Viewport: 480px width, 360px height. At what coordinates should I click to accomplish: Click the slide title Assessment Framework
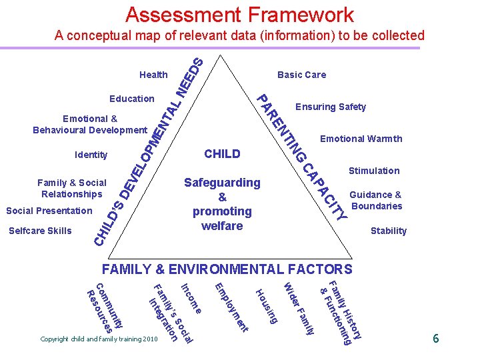pyautogui.click(x=239, y=15)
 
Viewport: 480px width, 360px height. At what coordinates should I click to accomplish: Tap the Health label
pyautogui.click(x=153, y=75)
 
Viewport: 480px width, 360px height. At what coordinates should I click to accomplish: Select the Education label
pyautogui.click(x=132, y=99)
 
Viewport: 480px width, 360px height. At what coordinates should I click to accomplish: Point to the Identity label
pyautogui.click(x=91, y=155)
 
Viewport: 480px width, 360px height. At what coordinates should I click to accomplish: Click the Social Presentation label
pyautogui.click(x=49, y=211)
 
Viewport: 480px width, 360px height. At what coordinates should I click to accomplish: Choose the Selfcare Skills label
pyautogui.click(x=39, y=231)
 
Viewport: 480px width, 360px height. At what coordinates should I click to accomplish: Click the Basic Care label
pyautogui.click(x=301, y=75)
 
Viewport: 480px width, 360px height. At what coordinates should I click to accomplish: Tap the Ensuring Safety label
pyautogui.click(x=331, y=107)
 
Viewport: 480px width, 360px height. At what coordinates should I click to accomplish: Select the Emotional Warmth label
pyautogui.click(x=361, y=139)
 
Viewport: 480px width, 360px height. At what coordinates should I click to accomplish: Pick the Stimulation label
pyautogui.click(x=374, y=171)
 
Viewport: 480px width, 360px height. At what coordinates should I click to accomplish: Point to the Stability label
pyautogui.click(x=388, y=231)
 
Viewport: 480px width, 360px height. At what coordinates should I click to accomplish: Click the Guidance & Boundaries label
pyautogui.click(x=377, y=200)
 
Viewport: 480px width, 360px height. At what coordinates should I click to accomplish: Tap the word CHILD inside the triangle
pyautogui.click(x=222, y=154)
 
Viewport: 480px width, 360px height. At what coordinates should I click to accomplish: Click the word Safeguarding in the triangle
pyautogui.click(x=222, y=182)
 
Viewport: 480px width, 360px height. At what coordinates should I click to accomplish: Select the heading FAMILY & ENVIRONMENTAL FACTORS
pyautogui.click(x=227, y=270)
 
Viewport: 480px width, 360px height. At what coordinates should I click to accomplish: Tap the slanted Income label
pyautogui.click(x=191, y=299)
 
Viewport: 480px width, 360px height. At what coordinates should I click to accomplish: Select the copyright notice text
pyautogui.click(x=98, y=339)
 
